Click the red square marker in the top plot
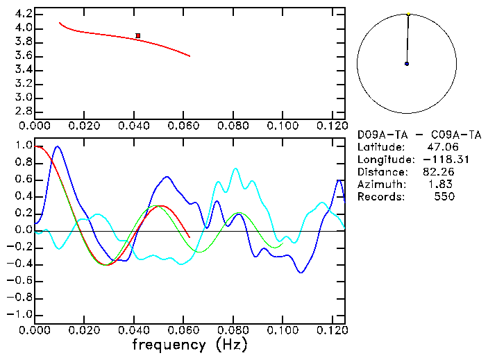(x=138, y=35)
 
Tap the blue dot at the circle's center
(x=407, y=64)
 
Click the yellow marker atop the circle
(x=409, y=14)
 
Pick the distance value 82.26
(x=438, y=172)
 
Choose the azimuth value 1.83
(x=441, y=185)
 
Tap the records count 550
(x=444, y=197)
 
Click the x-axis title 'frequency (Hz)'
(x=190, y=345)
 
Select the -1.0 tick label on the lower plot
(x=19, y=314)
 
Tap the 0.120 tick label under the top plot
(x=330, y=126)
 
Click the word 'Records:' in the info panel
(x=380, y=197)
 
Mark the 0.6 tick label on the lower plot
(x=23, y=180)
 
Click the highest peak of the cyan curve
(x=236, y=168)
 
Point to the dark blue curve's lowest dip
(x=301, y=272)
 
